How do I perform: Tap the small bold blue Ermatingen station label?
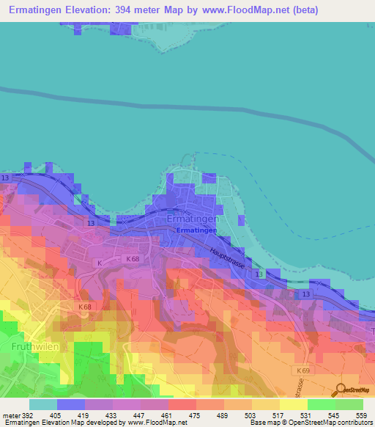point(196,230)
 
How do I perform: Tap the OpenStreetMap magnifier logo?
point(340,390)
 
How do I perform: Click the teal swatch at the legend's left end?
point(43,404)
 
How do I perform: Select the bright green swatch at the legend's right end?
point(349,404)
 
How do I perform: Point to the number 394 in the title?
point(121,10)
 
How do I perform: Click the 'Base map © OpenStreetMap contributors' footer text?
point(310,423)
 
